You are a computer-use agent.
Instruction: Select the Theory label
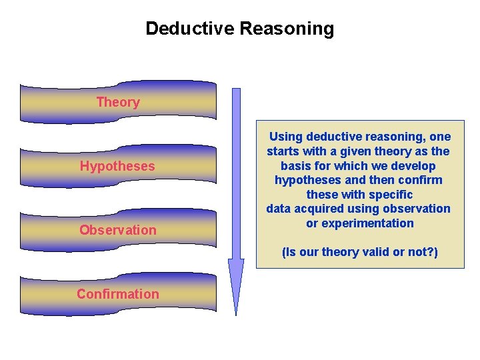tap(118, 102)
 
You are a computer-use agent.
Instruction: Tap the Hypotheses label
tap(117, 166)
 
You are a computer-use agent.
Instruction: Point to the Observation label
tap(118, 230)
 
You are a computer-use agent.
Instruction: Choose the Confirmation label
tap(118, 294)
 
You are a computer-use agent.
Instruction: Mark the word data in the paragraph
tap(279, 209)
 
